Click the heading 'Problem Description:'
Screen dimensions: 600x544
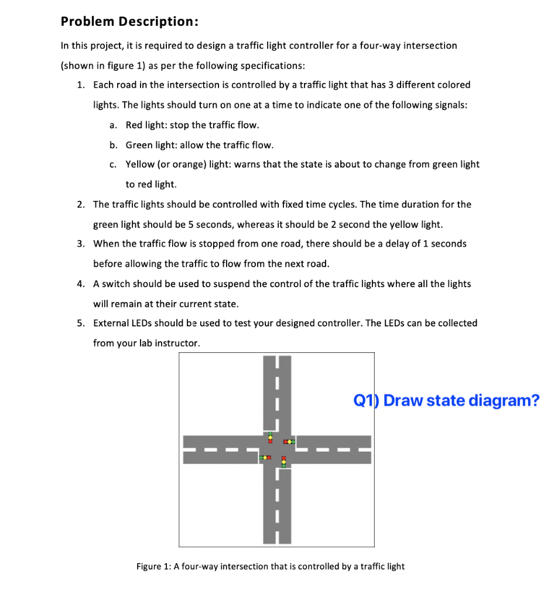coord(129,22)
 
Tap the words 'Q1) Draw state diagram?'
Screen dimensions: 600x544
coord(446,401)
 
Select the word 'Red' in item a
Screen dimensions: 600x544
coord(134,125)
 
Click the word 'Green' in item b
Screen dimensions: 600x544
coord(139,145)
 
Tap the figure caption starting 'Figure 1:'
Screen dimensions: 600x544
coord(270,566)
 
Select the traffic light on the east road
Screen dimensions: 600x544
coord(289,440)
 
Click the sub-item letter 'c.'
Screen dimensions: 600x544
coord(113,165)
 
